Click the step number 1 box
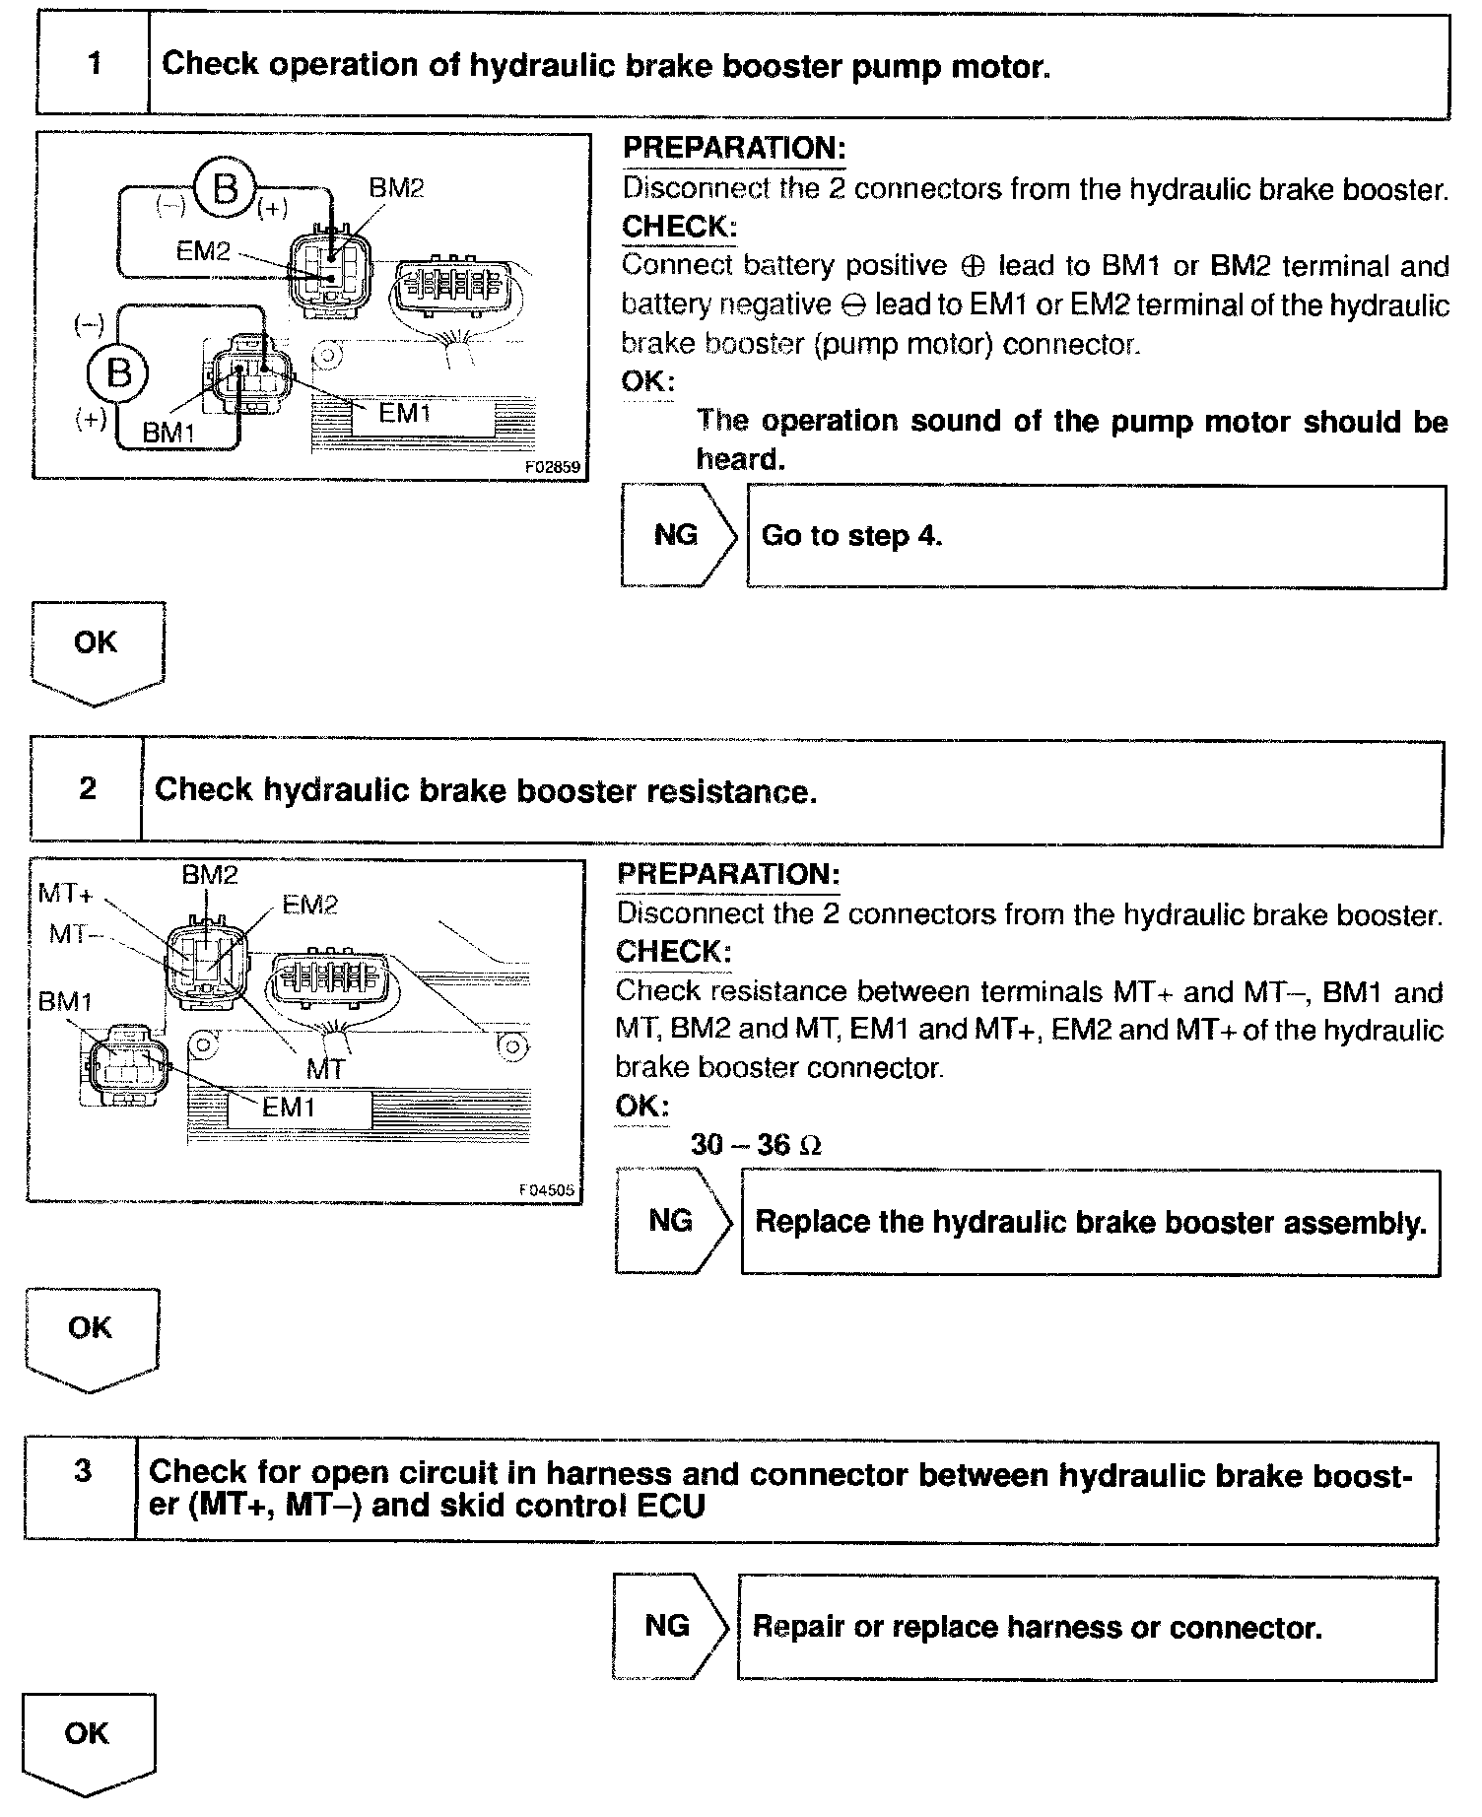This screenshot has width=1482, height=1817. [94, 65]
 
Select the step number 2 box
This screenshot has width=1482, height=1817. [88, 789]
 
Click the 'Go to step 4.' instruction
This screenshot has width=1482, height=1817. [852, 536]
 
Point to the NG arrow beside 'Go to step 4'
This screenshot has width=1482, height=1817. [678, 536]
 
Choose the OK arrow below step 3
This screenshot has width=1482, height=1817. [88, 1743]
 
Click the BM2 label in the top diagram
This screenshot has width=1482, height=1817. [396, 188]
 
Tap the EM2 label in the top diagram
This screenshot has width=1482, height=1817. [203, 251]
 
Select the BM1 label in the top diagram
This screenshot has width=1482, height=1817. [169, 433]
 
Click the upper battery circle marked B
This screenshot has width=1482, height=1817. [225, 187]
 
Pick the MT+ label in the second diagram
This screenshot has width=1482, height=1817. [66, 894]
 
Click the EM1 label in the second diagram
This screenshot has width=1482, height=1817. [289, 1108]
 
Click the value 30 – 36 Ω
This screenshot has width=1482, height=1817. [756, 1145]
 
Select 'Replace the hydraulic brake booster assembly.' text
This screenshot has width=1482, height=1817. [1091, 1223]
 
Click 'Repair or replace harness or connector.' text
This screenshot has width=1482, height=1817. [1037, 1627]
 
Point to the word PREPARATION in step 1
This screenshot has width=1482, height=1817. [734, 149]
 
